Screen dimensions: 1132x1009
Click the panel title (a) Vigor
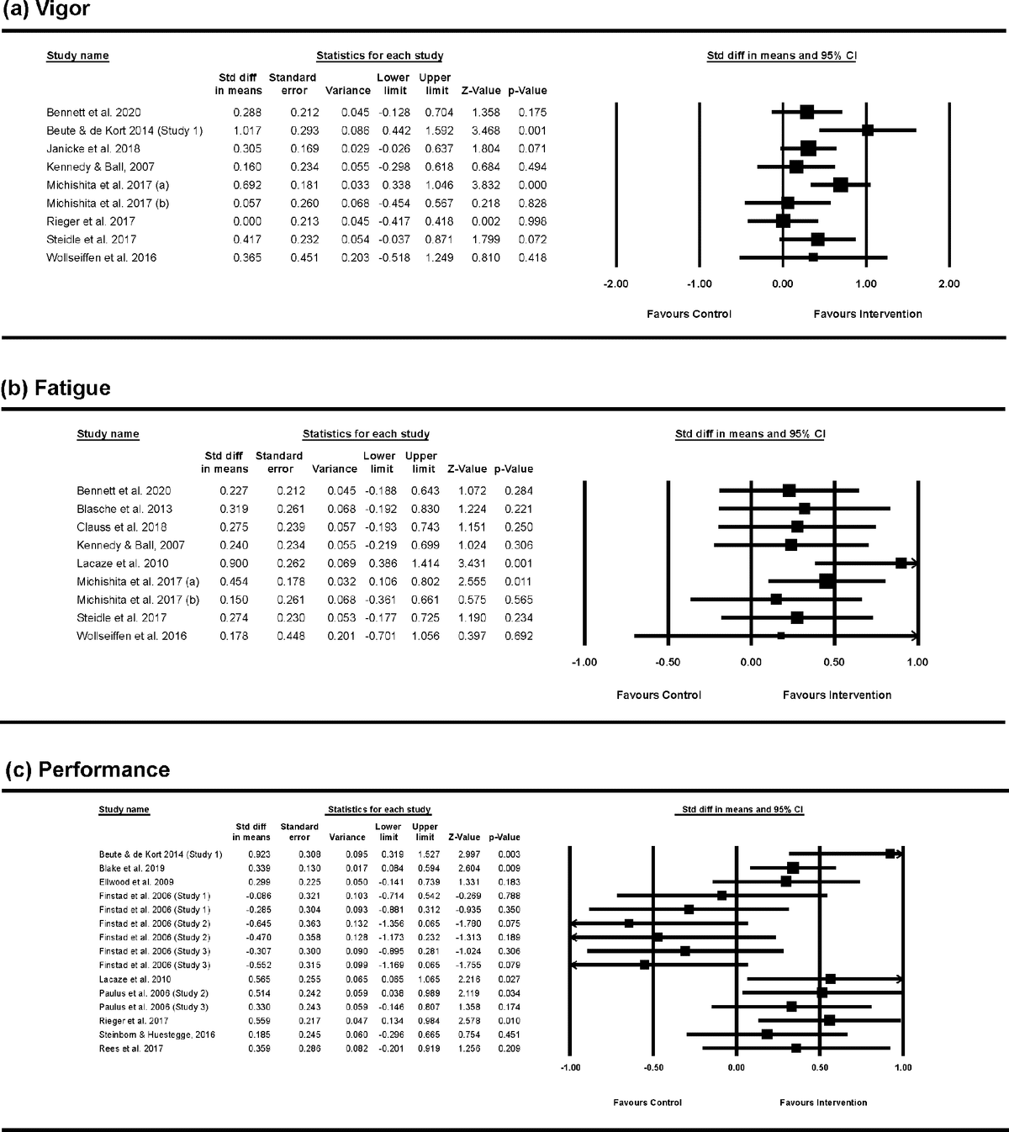pyautogui.click(x=45, y=10)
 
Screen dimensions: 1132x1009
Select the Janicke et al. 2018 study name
pyautogui.click(x=93, y=149)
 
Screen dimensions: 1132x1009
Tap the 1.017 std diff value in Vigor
pyautogui.click(x=248, y=130)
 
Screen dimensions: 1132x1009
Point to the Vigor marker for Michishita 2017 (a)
pyautogui.click(x=840, y=184)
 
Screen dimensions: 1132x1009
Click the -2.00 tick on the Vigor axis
pyautogui.click(x=616, y=284)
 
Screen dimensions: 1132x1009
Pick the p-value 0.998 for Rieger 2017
pyautogui.click(x=532, y=221)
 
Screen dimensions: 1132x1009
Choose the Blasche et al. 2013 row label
pyautogui.click(x=124, y=509)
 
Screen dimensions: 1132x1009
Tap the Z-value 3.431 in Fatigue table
pyautogui.click(x=462, y=563)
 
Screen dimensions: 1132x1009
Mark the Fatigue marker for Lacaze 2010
pyautogui.click(x=901, y=563)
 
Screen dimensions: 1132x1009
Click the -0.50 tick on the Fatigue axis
pyautogui.click(x=667, y=663)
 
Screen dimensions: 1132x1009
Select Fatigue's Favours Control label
pyautogui.click(x=658, y=695)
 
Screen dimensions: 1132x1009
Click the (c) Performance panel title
pyautogui.click(x=87, y=770)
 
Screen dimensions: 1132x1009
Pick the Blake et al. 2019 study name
pyautogui.click(x=132, y=868)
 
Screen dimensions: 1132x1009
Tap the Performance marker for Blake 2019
pyautogui.click(x=793, y=867)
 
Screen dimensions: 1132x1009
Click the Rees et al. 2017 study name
pyautogui.click(x=131, y=1049)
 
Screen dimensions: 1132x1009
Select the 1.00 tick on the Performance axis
pyautogui.click(x=902, y=1068)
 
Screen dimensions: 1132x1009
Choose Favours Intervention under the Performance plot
pyautogui.click(x=823, y=1103)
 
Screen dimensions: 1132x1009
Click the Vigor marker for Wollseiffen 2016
pyautogui.click(x=813, y=257)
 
